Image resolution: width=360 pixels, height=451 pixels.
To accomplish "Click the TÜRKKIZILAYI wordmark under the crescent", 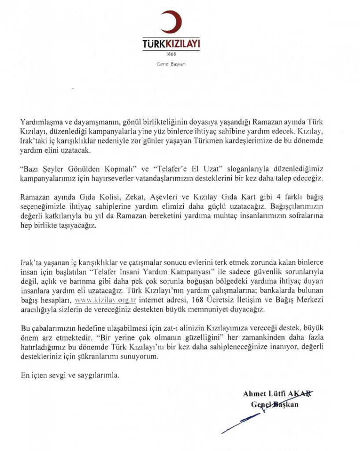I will [171, 44].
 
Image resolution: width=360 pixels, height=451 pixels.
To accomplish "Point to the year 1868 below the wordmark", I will [171, 54].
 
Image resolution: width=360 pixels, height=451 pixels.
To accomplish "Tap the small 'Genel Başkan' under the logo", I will [171, 64].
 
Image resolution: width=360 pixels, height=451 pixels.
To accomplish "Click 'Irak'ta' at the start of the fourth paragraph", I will [32, 258].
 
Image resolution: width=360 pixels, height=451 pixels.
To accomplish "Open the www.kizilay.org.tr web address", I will [106, 300].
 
